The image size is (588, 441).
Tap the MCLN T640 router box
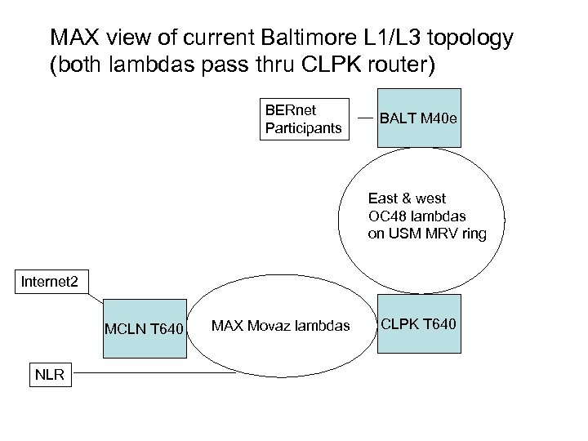click(x=144, y=328)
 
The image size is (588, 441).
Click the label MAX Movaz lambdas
click(x=280, y=327)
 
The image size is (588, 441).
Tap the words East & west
click(x=407, y=198)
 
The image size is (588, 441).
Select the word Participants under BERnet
click(x=303, y=127)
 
